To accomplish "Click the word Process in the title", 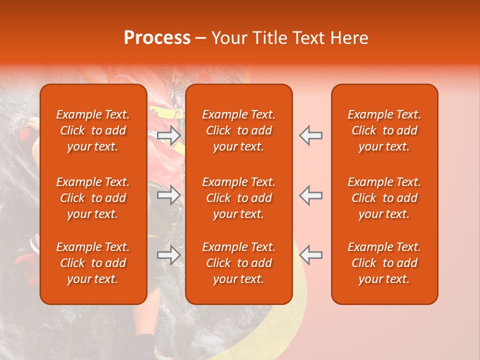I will (157, 38).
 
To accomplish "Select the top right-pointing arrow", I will (169, 135).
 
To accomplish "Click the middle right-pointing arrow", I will (169, 195).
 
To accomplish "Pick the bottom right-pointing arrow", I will (169, 255).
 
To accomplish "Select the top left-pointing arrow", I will (310, 135).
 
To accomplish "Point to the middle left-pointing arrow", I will (310, 195).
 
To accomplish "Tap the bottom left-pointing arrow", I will (310, 255).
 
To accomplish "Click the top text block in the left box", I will (93, 130).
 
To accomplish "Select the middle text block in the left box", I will (93, 198).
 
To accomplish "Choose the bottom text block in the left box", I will (93, 263).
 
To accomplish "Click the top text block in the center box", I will (238, 130).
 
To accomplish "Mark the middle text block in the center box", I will (238, 198).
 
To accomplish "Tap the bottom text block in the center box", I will (238, 263).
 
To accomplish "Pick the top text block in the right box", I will (384, 130).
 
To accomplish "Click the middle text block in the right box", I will (384, 198).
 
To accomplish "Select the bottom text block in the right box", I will (384, 263).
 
